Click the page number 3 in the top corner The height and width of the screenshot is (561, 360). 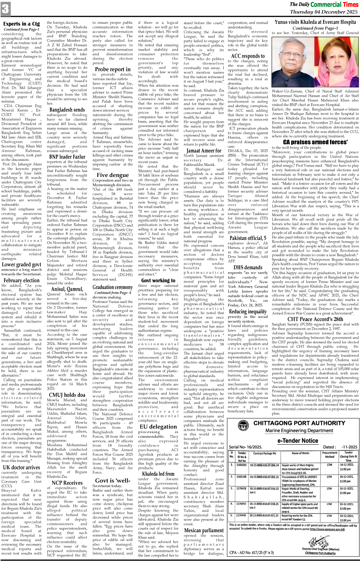click(5, 9)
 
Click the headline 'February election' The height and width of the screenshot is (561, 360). click(22, 280)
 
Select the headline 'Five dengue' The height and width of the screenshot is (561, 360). click(113, 175)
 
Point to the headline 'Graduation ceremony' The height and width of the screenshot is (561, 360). click(113, 287)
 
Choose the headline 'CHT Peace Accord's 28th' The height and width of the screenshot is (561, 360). click(315, 319)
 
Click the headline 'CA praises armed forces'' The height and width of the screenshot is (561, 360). click(315, 142)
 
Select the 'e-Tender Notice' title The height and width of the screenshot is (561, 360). click(298, 440)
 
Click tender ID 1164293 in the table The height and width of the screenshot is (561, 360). click(242, 465)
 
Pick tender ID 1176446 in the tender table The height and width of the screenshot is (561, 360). click(242, 515)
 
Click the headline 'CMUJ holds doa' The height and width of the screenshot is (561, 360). click(67, 394)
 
